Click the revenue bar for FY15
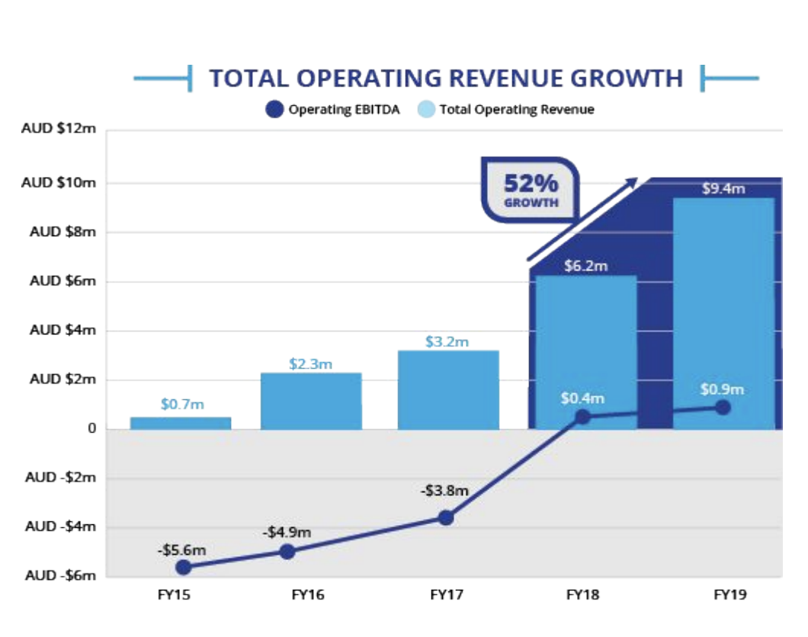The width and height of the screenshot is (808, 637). point(181,423)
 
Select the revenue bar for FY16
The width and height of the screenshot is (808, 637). point(311,401)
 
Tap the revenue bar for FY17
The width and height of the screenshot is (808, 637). point(448,389)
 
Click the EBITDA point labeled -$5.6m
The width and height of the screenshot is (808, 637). point(183,567)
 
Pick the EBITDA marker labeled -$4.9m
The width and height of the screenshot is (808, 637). point(287,551)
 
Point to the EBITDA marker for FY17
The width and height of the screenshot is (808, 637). point(446,517)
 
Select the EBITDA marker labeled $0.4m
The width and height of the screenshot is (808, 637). point(583,417)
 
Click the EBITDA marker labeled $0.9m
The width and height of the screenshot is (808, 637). point(723,408)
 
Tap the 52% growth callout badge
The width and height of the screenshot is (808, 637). point(531,190)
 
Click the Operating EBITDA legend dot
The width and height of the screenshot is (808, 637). point(275,110)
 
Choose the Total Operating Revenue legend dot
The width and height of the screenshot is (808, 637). point(427,110)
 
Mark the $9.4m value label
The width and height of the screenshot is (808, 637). point(723,188)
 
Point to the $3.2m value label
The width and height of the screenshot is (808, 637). point(448,341)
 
